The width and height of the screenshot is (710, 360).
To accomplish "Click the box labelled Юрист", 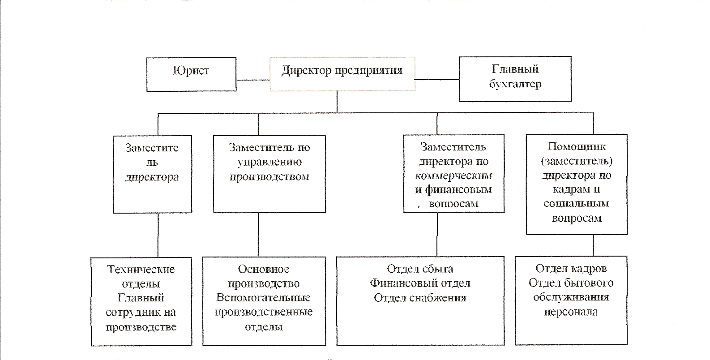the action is [x=192, y=74].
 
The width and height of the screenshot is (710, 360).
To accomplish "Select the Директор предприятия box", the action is [x=342, y=74].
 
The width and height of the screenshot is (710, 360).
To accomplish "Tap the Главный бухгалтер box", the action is [x=515, y=79].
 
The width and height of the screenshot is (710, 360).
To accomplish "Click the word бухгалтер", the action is [x=515, y=84].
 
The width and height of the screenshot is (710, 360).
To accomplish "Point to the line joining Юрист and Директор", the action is [x=253, y=80].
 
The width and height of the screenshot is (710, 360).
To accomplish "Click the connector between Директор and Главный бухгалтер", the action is [x=437, y=79].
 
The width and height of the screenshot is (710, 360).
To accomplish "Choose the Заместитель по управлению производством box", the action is [x=269, y=174].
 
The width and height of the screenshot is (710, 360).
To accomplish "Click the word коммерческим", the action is [x=453, y=176].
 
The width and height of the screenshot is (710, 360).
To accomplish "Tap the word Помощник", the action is [x=577, y=146].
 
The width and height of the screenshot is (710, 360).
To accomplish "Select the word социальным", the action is [x=576, y=203].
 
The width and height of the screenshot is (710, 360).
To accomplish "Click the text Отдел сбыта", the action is [x=420, y=269].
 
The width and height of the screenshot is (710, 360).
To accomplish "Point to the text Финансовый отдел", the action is [x=420, y=283].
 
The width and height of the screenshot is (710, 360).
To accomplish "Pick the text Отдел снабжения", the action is [x=420, y=298].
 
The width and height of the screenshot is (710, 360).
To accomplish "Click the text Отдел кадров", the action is [x=571, y=269].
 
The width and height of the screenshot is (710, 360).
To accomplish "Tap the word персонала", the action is [x=571, y=312].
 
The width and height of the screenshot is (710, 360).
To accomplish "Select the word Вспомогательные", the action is [x=263, y=298].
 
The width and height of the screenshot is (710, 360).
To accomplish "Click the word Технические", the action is [x=141, y=270].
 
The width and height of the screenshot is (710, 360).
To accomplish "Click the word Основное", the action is [x=263, y=269].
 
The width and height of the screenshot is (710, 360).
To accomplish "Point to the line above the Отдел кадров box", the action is [x=593, y=246].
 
